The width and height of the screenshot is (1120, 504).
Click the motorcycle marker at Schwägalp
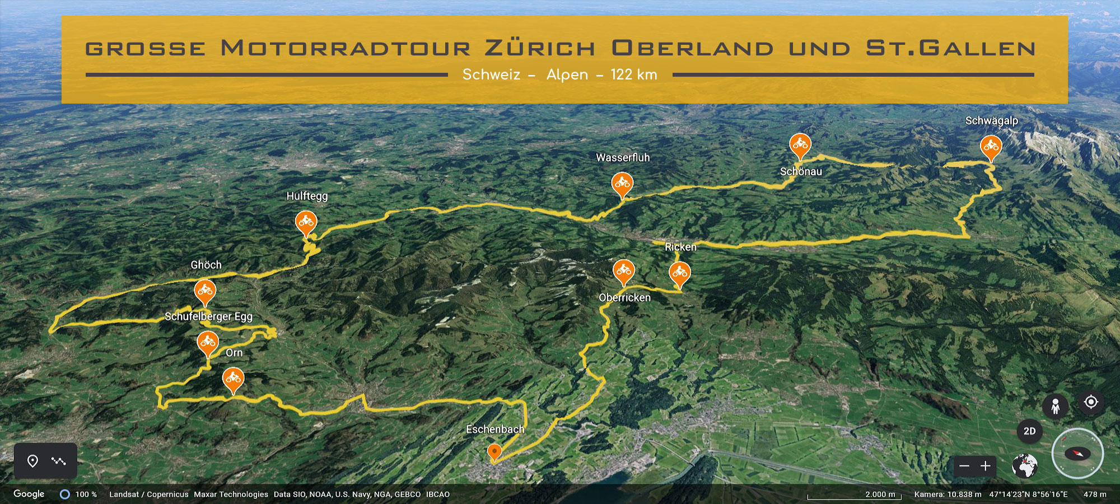[991, 147]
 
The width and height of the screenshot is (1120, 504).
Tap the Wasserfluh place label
[623, 158]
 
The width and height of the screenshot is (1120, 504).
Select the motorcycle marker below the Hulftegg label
[306, 222]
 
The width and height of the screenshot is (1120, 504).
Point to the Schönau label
[801, 172]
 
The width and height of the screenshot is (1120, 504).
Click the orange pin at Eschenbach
[494, 451]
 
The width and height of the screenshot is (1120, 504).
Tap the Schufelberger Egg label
[208, 316]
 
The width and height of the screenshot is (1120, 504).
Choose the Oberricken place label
[624, 298]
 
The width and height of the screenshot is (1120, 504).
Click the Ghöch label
[206, 265]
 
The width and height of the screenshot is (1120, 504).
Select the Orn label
[234, 353]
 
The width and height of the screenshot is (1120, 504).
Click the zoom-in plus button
[986, 466]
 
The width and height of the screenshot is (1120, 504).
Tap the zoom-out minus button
[964, 466]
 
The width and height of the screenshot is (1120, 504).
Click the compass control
[1077, 454]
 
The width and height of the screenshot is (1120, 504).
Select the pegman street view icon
[1055, 405]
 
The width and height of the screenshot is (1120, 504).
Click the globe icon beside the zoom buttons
[1025, 466]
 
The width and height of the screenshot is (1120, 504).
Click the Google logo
[29, 494]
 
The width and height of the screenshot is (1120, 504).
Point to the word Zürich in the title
[540, 48]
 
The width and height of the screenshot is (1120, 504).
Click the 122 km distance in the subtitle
[634, 75]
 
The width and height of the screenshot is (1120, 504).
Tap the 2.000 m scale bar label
[880, 494]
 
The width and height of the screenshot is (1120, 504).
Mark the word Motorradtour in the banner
[346, 48]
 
